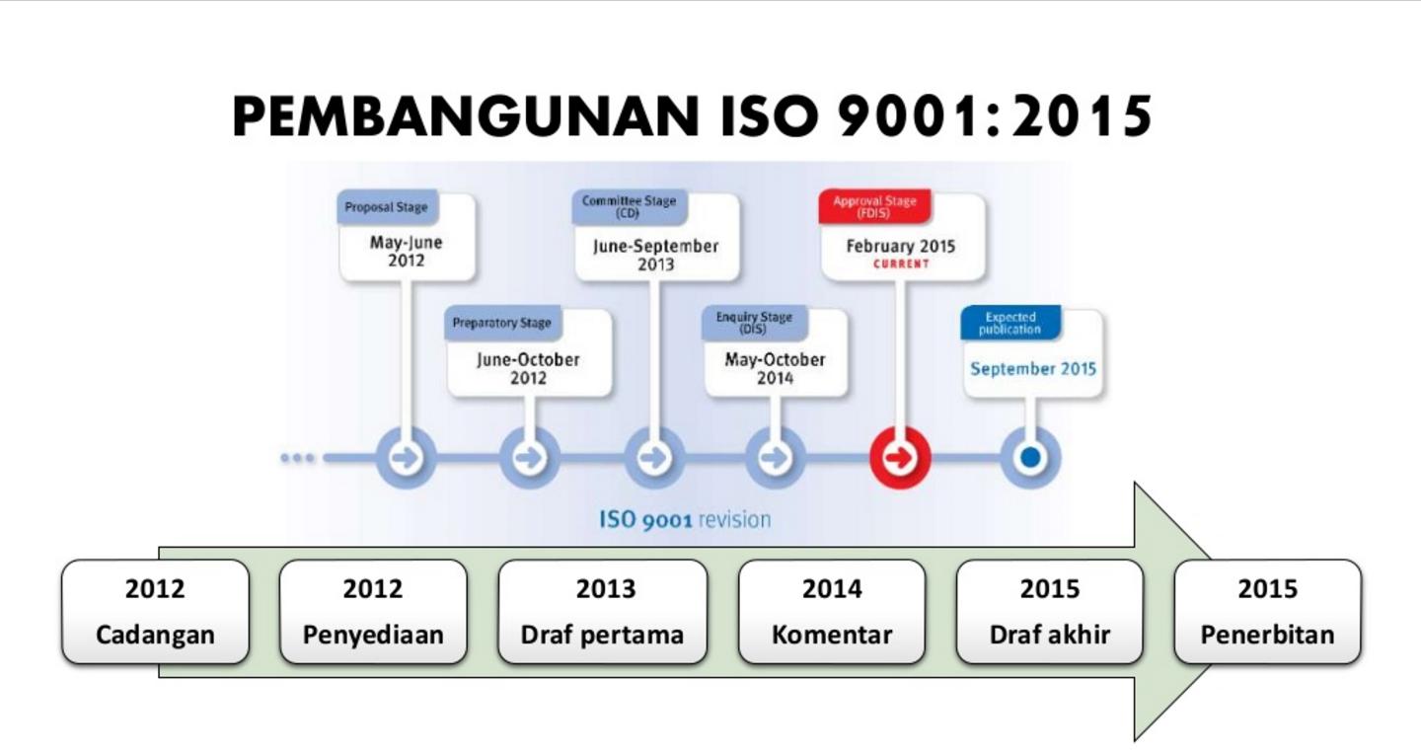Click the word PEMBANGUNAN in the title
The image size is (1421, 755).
click(466, 116)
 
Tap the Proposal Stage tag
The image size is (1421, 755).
click(387, 207)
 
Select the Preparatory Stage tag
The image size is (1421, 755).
click(501, 323)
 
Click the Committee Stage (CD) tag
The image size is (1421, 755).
click(630, 207)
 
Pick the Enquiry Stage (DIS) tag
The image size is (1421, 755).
click(754, 323)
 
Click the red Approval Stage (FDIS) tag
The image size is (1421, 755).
click(874, 207)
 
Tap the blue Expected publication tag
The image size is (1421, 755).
click(1010, 323)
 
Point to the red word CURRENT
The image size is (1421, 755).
click(901, 264)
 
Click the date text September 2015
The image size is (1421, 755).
click(1033, 369)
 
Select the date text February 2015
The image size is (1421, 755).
click(901, 246)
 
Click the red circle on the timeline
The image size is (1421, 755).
click(900, 458)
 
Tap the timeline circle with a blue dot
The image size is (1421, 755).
click(1031, 458)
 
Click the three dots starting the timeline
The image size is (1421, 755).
click(298, 458)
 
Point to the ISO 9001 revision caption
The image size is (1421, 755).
click(685, 519)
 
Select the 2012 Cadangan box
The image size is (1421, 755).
click(156, 612)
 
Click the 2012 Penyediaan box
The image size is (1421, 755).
click(373, 612)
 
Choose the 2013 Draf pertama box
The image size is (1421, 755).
click(603, 612)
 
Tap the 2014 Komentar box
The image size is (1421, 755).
click(832, 612)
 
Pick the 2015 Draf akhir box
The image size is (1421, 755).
click(1050, 612)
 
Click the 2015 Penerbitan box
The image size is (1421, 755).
click(1267, 612)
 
